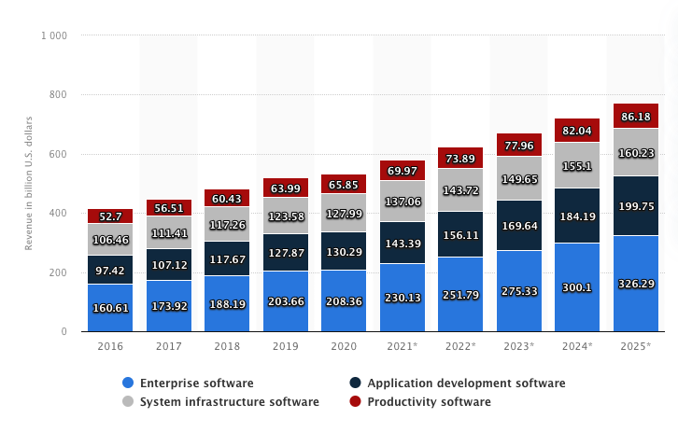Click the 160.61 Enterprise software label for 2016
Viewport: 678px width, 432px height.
pos(110,307)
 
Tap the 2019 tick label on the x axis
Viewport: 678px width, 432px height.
pos(285,346)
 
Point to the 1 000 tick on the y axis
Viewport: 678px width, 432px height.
pos(53,35)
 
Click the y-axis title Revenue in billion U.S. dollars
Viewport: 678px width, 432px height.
pos(29,185)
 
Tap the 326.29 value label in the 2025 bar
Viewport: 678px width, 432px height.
pos(636,283)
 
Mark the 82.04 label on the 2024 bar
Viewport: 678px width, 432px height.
pos(577,131)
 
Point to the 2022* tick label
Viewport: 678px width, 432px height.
pos(460,346)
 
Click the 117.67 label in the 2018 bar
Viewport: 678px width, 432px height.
pos(227,259)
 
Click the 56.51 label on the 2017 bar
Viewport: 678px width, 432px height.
pos(168,208)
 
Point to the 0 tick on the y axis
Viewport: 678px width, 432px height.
pos(64,332)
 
